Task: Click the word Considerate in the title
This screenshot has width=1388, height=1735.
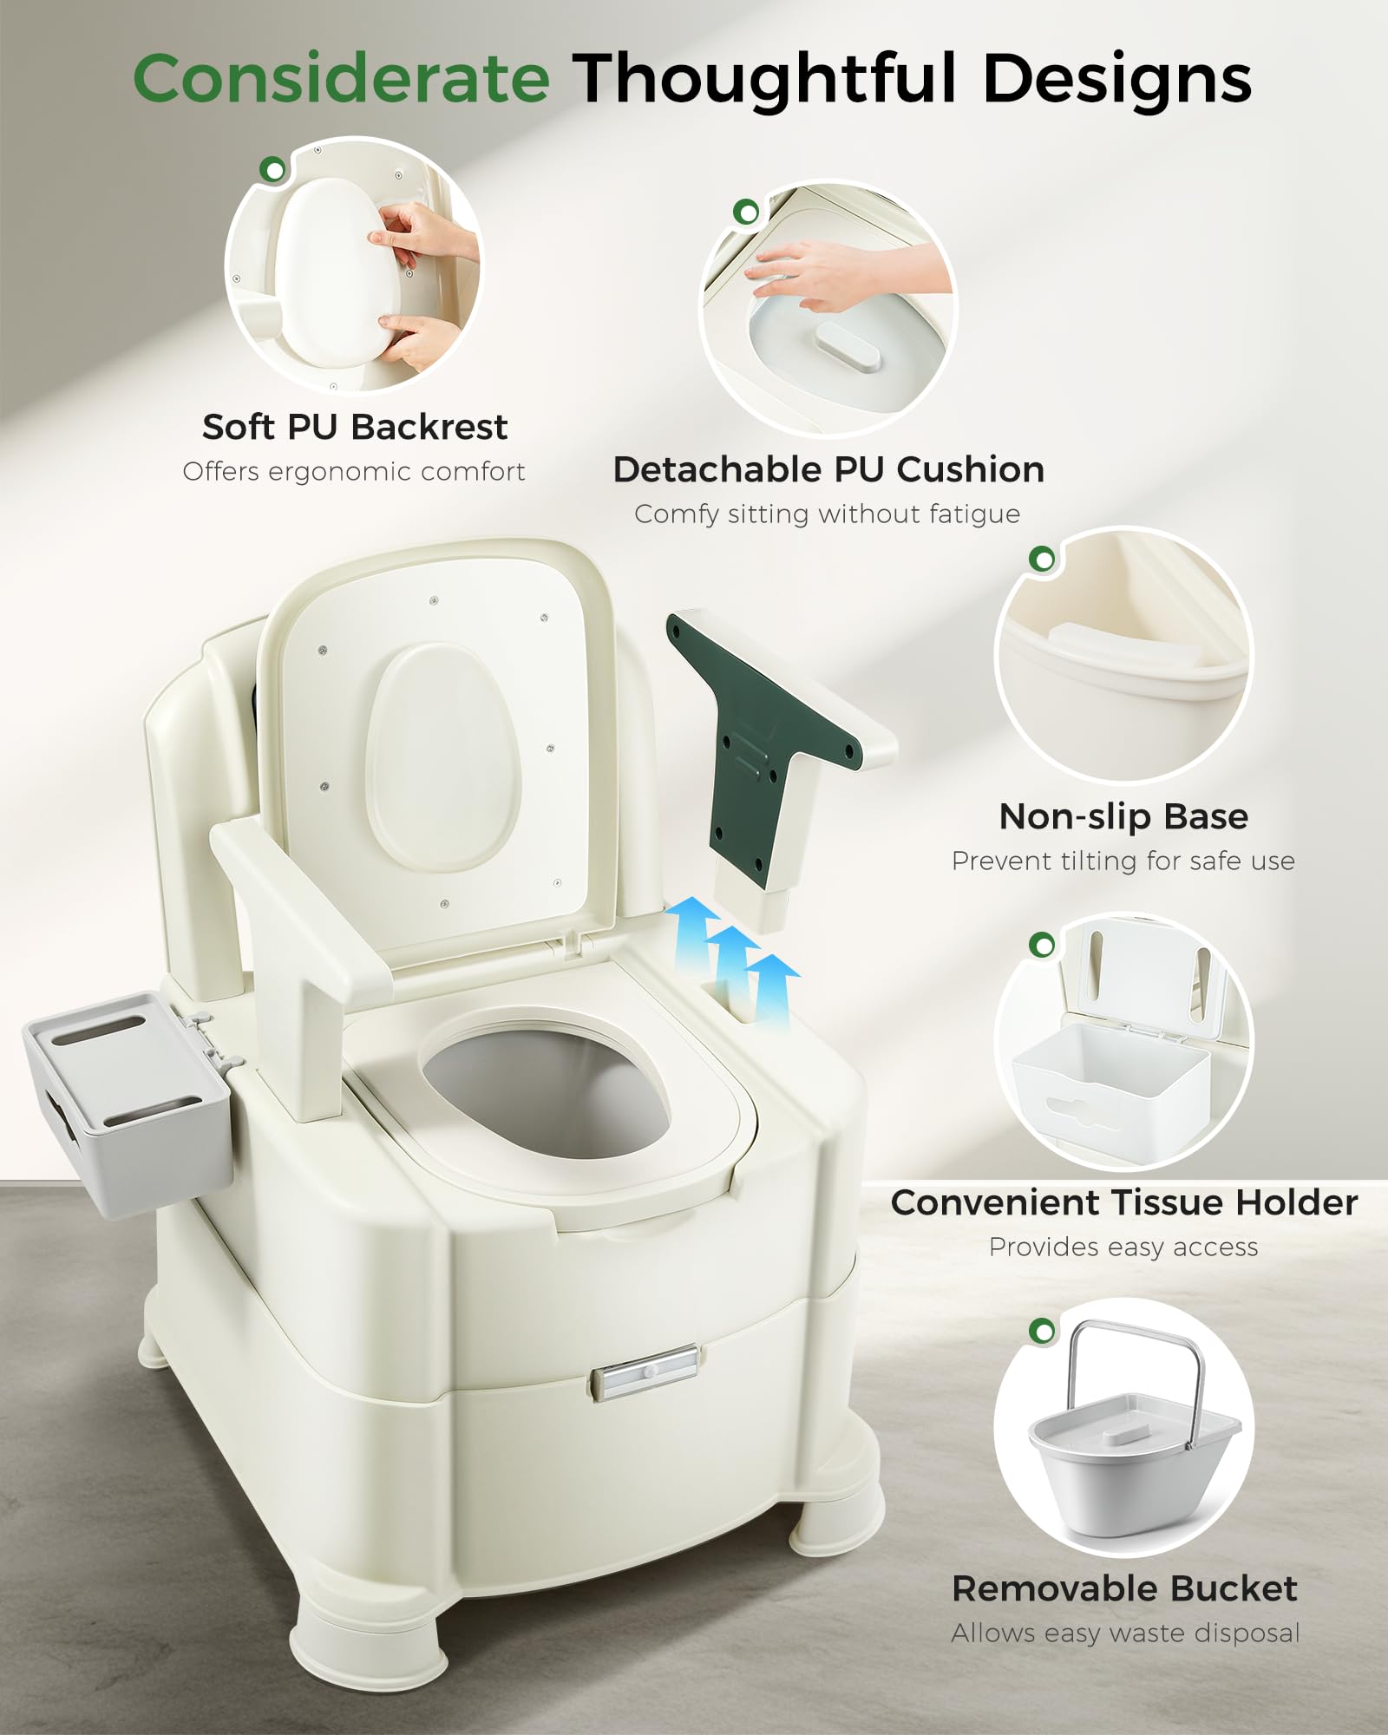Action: click(342, 78)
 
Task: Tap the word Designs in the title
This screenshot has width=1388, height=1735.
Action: click(1117, 80)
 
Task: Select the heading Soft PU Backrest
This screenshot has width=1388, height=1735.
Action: click(355, 427)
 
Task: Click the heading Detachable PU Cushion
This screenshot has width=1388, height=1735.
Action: click(828, 469)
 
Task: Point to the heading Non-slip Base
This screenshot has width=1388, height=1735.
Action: click(1123, 816)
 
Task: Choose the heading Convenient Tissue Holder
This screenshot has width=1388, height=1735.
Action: click(1124, 1202)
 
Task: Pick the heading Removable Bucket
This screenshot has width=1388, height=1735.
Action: click(1124, 1588)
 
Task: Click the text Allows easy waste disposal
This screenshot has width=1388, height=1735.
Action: click(1125, 1633)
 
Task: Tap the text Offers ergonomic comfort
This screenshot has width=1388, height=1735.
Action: click(354, 471)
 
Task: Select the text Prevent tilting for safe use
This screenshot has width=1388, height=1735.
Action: click(1123, 861)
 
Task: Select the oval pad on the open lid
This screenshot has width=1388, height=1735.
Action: click(443, 758)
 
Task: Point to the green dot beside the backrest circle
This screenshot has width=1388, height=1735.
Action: click(274, 169)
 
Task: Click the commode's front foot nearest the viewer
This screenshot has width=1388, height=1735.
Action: click(369, 1635)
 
